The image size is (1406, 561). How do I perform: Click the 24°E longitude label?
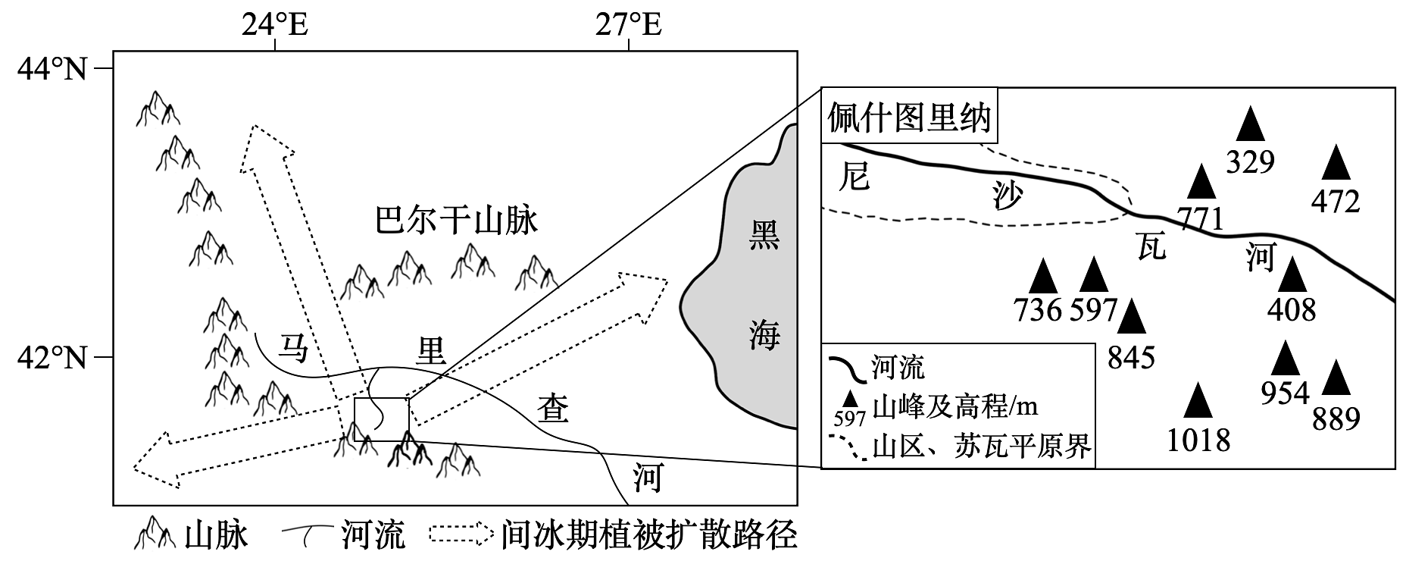coord(275,25)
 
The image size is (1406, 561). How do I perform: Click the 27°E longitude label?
coord(628,25)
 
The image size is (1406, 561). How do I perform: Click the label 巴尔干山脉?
coord(456,221)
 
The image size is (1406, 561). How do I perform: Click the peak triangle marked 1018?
coord(1198,401)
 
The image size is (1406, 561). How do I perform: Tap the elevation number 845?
coord(1131,357)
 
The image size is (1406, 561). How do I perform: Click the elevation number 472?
coord(1336,202)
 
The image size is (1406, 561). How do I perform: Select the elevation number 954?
coord(1285,393)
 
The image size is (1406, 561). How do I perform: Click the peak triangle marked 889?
coord(1336,378)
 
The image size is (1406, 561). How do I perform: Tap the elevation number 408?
coord(1292,310)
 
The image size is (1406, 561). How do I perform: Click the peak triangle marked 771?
coord(1201,182)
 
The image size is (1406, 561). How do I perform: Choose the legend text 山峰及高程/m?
coord(955,407)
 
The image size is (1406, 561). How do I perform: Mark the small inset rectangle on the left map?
coord(382,418)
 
